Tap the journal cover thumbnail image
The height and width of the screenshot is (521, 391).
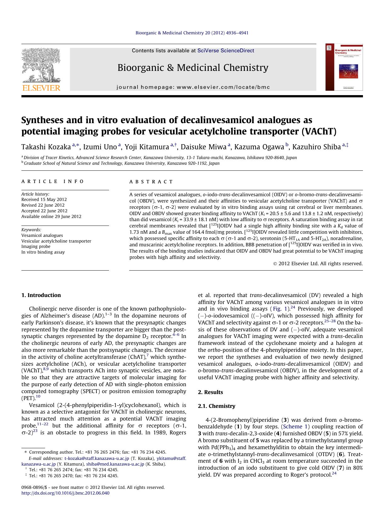[x=344, y=67]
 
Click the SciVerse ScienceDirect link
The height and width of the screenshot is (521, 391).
[x=226, y=51]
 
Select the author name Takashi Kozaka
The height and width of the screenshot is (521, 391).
[x=46, y=147]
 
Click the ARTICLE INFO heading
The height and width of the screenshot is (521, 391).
[x=53, y=181]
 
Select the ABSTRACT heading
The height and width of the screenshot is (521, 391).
[x=151, y=182]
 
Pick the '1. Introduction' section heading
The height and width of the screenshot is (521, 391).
[x=41, y=295]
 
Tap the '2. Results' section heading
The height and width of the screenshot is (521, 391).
[x=210, y=392]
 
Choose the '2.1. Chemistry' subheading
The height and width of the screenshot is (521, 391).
[x=216, y=406]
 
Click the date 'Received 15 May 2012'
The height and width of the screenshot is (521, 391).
[x=44, y=200]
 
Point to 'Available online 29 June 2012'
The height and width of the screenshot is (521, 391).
[x=51, y=217]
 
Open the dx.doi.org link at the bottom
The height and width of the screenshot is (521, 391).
[x=66, y=493]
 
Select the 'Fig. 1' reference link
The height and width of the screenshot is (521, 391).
[x=279, y=309]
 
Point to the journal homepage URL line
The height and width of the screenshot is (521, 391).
[x=193, y=87]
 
